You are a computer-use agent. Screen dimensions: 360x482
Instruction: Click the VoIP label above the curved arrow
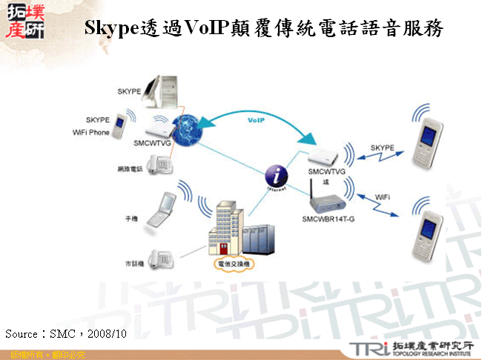coord(256,119)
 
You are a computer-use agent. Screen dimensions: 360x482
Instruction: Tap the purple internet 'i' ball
coord(276,176)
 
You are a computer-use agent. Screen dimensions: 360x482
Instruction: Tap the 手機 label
coord(131,219)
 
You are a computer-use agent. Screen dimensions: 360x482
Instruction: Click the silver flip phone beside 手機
coord(161,210)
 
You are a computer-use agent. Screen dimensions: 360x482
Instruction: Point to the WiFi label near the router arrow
coord(381,196)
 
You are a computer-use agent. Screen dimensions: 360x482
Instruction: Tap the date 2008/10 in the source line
coord(106,334)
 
